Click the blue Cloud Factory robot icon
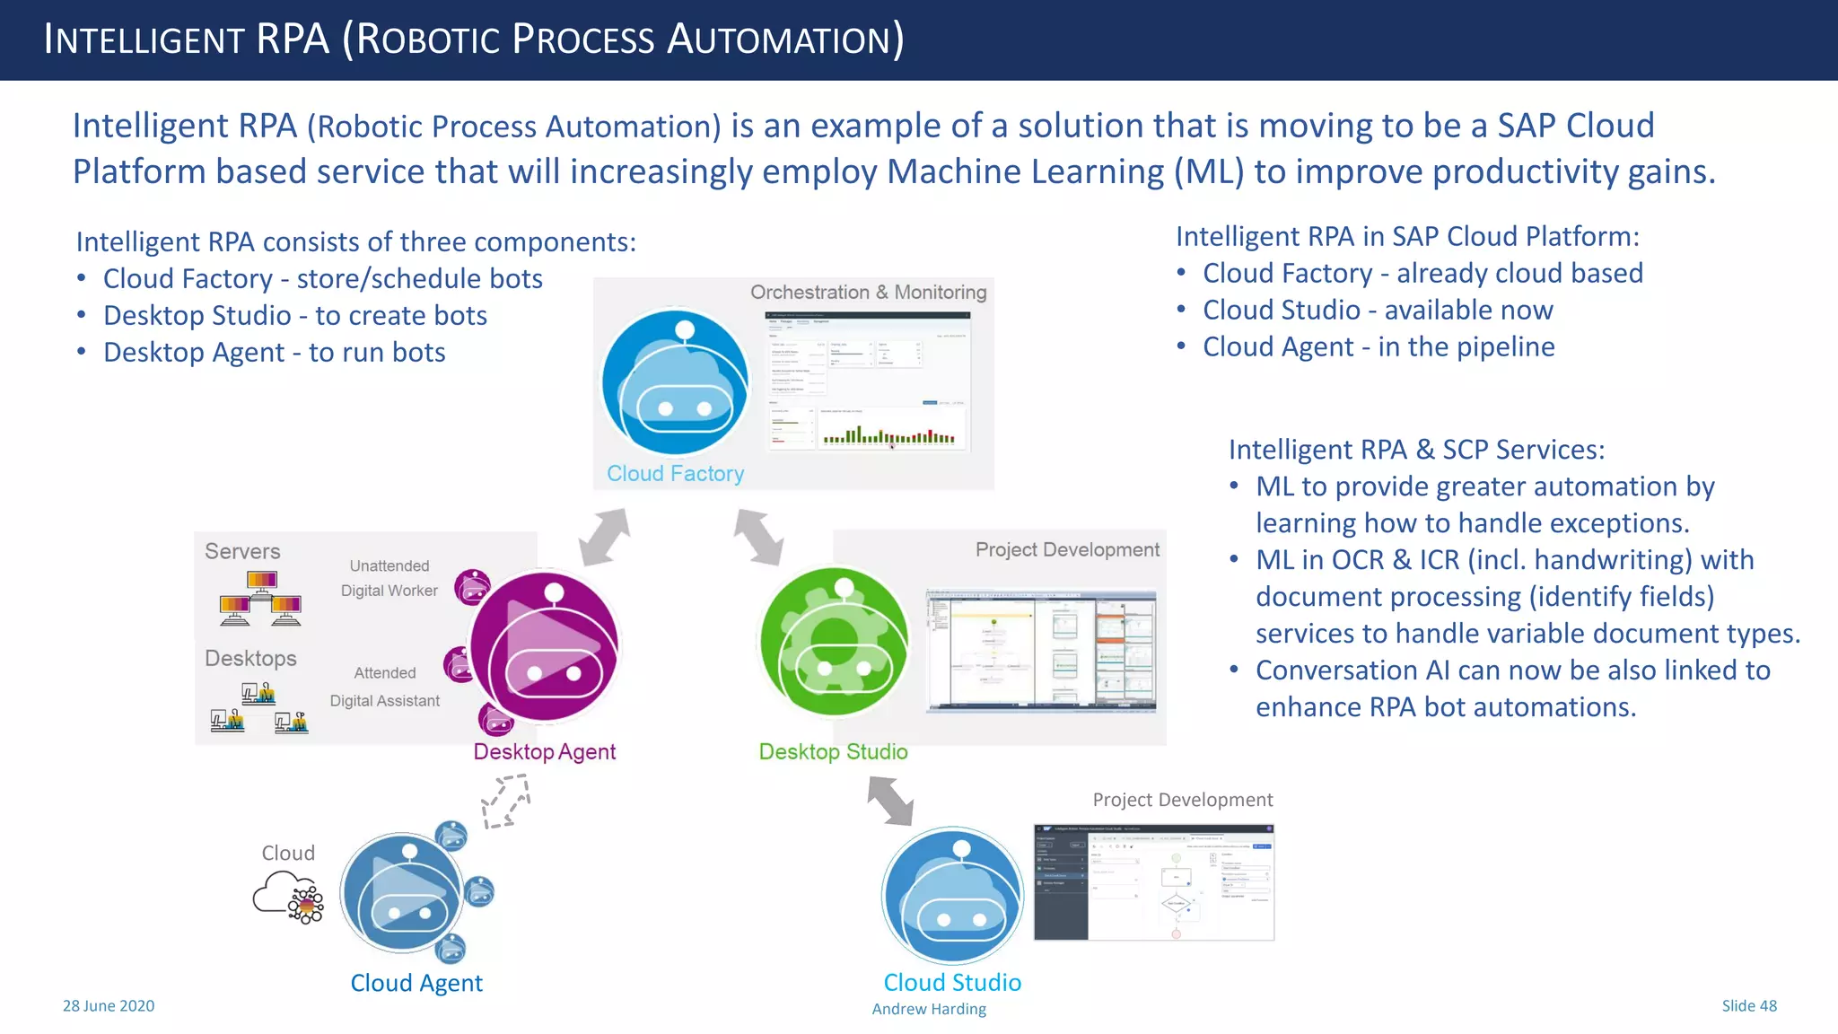[x=675, y=383]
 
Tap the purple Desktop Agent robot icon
[x=545, y=647]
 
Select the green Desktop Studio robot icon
[x=834, y=643]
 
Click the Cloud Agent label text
[x=416, y=983]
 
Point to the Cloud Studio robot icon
[x=952, y=896]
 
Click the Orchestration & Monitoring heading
[x=868, y=293]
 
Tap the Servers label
[x=242, y=551]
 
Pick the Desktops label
[x=250, y=658]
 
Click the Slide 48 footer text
[x=1748, y=1005]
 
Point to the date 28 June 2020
[x=109, y=1005]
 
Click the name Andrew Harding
[x=929, y=1009]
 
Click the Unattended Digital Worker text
[x=389, y=578]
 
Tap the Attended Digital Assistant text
[x=385, y=687]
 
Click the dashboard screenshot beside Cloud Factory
[x=868, y=381]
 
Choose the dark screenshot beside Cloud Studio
[x=1153, y=882]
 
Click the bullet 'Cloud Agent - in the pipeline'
[x=1378, y=346]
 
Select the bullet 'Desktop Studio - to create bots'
[x=295, y=315]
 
